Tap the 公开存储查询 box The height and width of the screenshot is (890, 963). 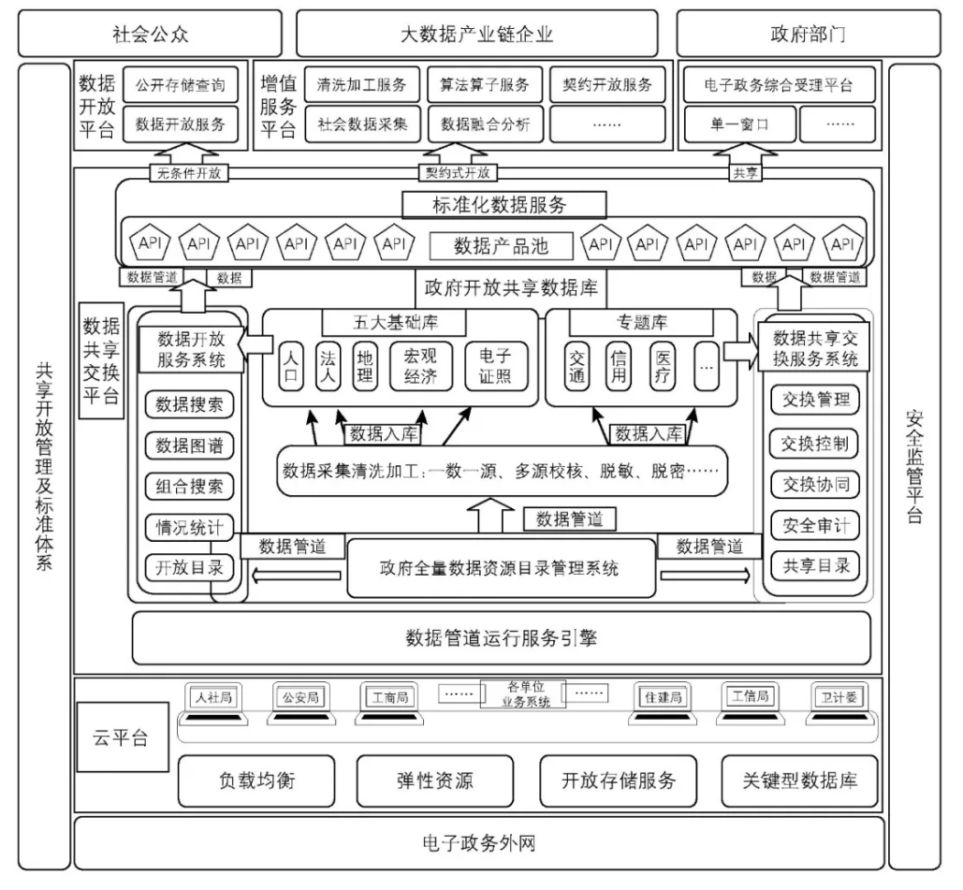point(181,85)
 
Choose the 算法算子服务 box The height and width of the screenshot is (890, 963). point(485,85)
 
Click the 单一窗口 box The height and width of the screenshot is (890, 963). point(740,124)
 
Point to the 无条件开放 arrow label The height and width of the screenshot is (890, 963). point(191,172)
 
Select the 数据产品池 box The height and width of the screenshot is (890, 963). point(501,246)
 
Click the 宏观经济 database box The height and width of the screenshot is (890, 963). point(420,365)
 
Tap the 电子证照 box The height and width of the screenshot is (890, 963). point(495,365)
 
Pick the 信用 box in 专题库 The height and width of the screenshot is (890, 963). point(619,365)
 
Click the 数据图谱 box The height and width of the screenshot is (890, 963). point(189,445)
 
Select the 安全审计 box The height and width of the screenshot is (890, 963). point(815,525)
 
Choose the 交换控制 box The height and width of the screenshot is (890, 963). point(815,443)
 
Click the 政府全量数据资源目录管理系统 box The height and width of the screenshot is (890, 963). point(500,567)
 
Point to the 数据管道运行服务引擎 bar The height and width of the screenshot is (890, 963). point(501,638)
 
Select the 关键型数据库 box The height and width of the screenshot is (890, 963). point(799,781)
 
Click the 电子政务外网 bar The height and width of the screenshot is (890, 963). point(478,843)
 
